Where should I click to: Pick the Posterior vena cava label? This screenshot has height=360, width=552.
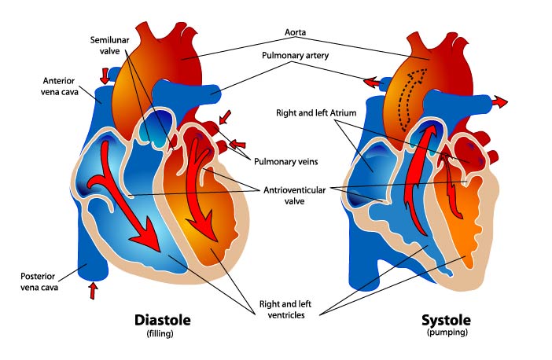(x=42, y=281)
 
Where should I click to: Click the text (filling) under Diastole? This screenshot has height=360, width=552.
(x=164, y=334)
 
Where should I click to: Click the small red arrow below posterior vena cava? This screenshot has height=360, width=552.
(x=94, y=290)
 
